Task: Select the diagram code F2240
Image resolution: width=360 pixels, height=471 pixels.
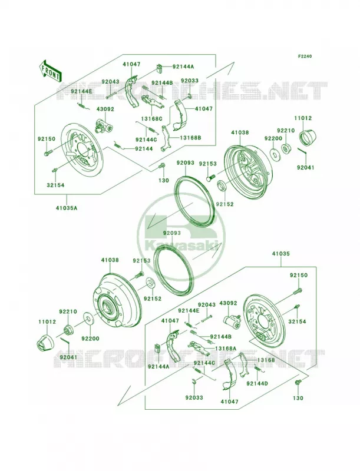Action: (305, 56)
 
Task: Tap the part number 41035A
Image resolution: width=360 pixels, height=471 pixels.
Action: (66, 207)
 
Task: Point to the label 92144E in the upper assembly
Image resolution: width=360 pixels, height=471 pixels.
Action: (81, 91)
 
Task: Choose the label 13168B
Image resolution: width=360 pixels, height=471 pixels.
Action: (190, 138)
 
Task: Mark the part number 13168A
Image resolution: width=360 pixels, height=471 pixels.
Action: (226, 348)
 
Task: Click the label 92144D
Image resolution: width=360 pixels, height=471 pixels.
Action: (257, 383)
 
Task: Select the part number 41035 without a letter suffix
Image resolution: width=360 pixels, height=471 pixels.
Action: (281, 254)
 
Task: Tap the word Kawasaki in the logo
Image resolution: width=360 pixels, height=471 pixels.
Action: (181, 246)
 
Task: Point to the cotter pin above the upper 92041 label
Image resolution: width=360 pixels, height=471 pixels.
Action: (302, 151)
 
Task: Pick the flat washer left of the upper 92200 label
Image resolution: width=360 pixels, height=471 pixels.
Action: (275, 153)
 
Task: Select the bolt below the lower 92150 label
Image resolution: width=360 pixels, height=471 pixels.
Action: (296, 291)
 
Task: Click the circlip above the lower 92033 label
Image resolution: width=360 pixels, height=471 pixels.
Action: (194, 382)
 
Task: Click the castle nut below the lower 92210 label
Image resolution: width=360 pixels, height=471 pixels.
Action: (68, 330)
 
